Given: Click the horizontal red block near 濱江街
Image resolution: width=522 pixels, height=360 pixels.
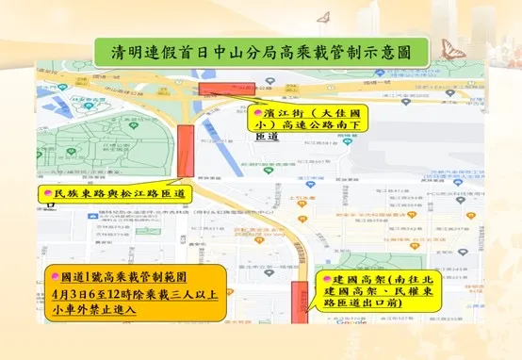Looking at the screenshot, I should coord(220,88).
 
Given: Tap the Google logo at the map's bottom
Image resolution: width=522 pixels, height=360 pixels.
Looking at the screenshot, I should coord(354,335).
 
